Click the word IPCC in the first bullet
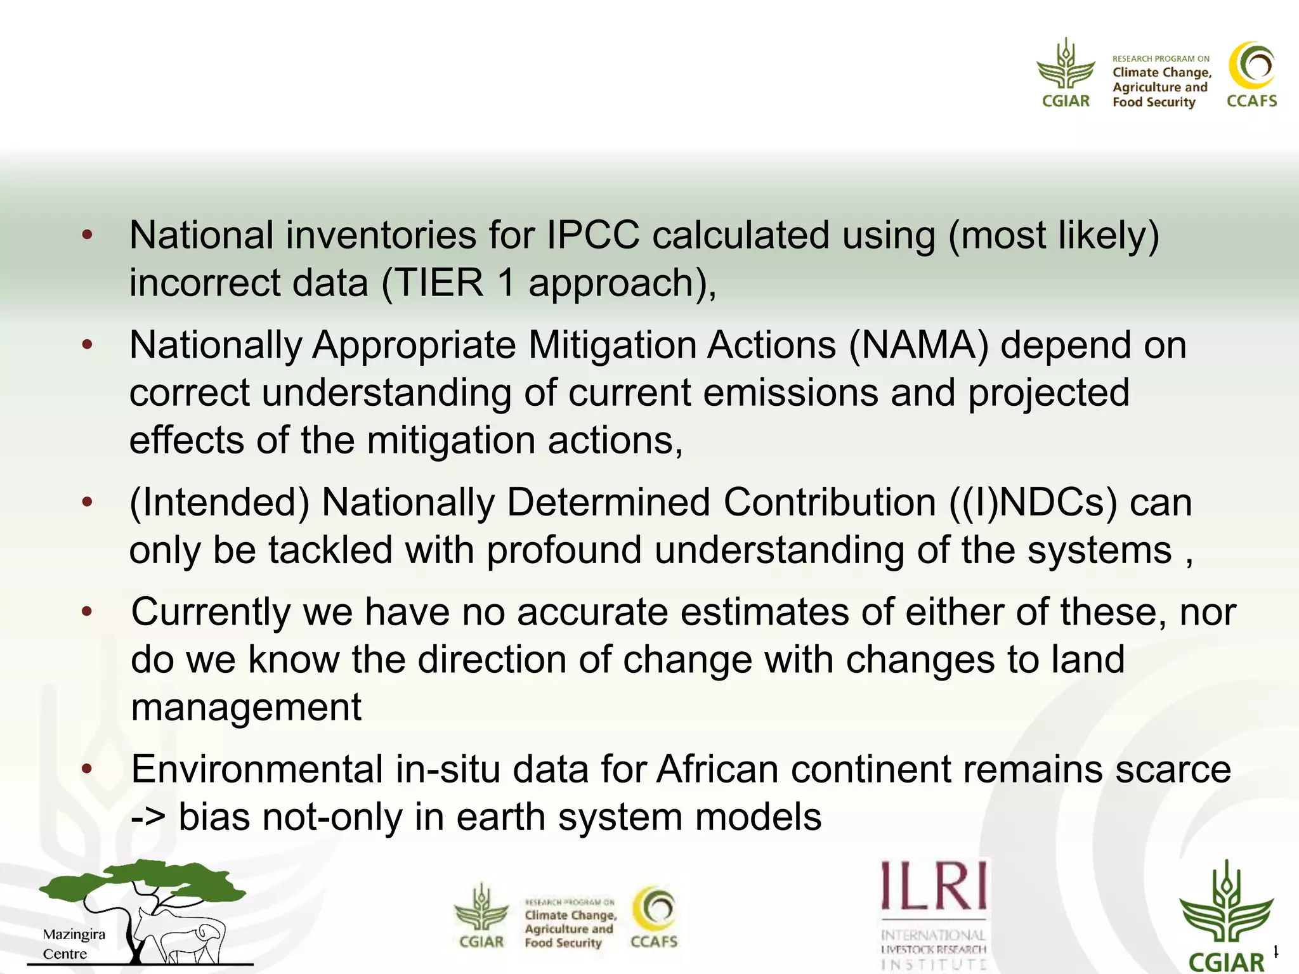(592, 235)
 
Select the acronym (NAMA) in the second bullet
(918, 346)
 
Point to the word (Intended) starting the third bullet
(219, 503)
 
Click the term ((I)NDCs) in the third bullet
(1033, 503)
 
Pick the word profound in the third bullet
(564, 550)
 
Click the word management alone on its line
(246, 707)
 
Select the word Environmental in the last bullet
(256, 769)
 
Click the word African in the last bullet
(717, 769)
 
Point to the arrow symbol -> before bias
(148, 817)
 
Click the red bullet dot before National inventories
(88, 236)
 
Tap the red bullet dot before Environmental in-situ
(88, 770)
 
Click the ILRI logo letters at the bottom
(934, 885)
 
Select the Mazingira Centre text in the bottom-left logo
(74, 944)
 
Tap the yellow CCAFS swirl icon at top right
(1251, 66)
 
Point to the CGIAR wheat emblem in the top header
(1066, 65)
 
